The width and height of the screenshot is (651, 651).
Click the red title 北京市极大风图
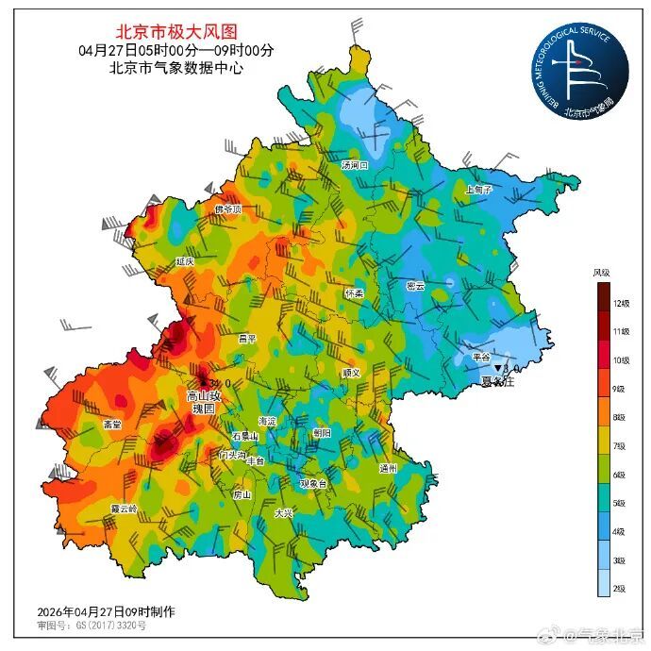177,32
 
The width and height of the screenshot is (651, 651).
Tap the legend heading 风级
601,273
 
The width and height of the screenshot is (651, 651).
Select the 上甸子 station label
479,189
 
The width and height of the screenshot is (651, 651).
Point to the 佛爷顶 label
227,209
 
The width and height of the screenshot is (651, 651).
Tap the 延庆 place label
184,260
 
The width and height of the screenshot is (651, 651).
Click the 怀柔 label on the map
354,293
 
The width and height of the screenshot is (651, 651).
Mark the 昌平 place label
247,338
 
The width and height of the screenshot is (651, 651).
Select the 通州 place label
388,468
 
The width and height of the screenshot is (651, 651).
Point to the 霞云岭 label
123,508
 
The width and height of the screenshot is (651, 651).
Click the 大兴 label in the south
284,514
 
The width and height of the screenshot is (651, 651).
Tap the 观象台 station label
312,483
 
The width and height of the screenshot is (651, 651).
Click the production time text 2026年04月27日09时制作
106,611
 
